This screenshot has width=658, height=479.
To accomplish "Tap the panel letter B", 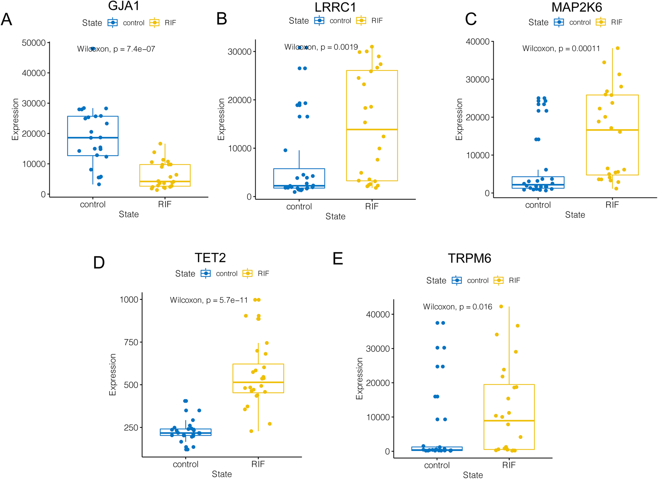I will coord(221,19).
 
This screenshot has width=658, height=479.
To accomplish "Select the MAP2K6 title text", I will coord(577,7).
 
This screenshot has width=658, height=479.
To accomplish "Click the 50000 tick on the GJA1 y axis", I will coord(33,43).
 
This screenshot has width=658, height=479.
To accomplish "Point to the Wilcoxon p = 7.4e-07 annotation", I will coord(116,49).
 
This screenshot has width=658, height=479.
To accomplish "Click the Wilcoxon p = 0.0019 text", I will coord(321,47).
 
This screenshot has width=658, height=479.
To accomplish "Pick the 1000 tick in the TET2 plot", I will coord(129,300).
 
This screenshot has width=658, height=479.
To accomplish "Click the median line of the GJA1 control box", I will coord(93,138).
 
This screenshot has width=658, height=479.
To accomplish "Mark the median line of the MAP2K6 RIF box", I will coord(612,130).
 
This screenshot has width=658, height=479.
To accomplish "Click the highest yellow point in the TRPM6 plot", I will coord(501,306).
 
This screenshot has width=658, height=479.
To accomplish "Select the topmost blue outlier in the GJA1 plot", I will coord(93,49).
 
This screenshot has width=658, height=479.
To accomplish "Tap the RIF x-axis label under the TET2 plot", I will coord(258,464).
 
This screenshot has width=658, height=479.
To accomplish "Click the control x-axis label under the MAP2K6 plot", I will coord(538,205).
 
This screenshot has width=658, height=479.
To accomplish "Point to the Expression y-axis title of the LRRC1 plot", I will coord(221,119).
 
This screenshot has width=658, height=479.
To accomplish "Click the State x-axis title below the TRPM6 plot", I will coord(473,475).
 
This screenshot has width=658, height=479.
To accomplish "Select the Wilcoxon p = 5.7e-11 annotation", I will coord(209,300).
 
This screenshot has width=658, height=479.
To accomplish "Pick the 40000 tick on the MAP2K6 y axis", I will coord(477,42).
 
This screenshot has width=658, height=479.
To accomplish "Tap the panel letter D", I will coord(99,263).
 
